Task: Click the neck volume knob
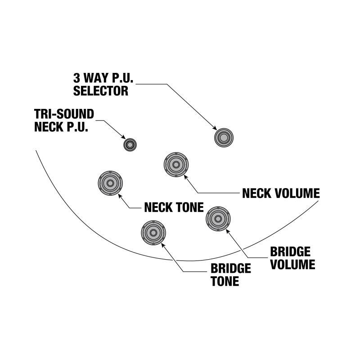coord(176,165)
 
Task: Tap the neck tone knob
coord(110,183)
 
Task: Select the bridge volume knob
coord(218,219)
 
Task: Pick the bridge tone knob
coord(153,233)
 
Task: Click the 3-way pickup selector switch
coord(224,138)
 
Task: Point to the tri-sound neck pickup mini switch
coord(130,145)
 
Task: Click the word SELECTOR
coord(101,91)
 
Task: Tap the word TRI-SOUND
coord(64,114)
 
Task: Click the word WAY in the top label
coord(95,78)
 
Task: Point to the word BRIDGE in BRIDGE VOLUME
coord(290,252)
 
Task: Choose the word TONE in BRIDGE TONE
coord(225,281)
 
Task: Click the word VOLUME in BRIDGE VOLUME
coord(292,265)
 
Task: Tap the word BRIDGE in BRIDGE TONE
coord(231,268)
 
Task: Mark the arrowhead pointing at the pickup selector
coord(215,128)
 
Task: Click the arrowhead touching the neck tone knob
coord(120,196)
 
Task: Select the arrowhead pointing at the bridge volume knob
coord(228,231)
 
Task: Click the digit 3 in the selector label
coord(76,78)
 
